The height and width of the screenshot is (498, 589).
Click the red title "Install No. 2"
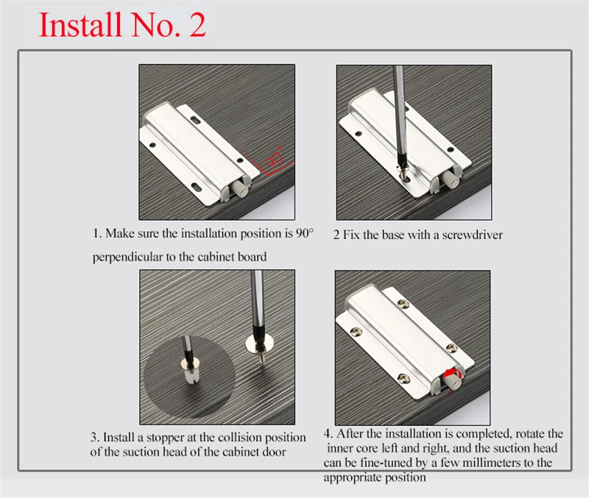(x=122, y=24)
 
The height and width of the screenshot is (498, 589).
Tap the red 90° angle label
(x=275, y=157)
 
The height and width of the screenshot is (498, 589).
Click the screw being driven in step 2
(x=403, y=174)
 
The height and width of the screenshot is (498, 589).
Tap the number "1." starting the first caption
(x=97, y=233)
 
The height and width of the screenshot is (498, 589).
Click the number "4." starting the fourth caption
(x=328, y=434)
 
